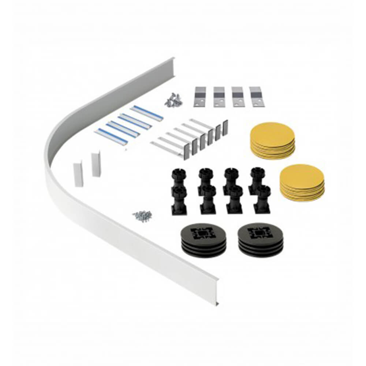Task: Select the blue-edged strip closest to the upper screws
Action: point(146,113)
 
